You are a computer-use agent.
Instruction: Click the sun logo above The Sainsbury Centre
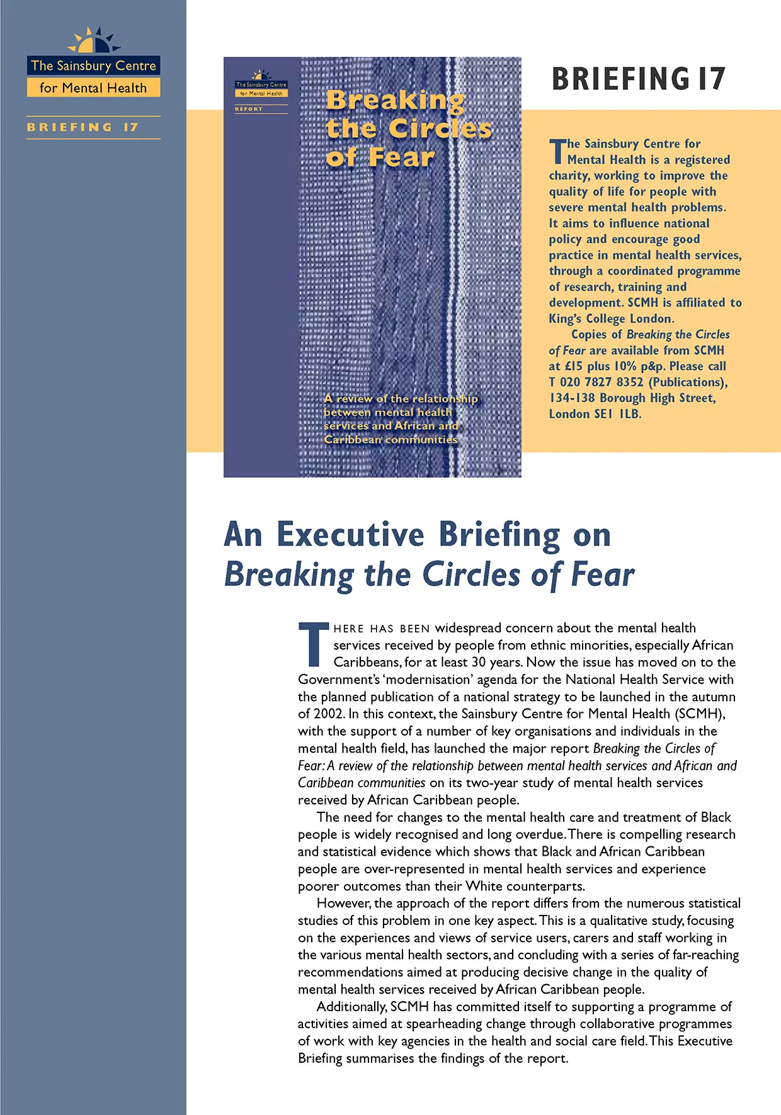click(x=94, y=41)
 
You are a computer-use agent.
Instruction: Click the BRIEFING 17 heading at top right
click(x=638, y=79)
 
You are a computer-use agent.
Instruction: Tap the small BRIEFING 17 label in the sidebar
click(x=83, y=127)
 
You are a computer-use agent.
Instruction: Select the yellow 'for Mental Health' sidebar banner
click(x=93, y=88)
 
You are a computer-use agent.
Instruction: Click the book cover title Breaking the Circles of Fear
click(x=408, y=128)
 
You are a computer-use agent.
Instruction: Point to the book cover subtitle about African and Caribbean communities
click(x=401, y=419)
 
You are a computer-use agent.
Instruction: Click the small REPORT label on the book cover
click(x=249, y=109)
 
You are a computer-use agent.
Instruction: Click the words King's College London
click(x=611, y=318)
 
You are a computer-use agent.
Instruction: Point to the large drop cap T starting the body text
click(x=313, y=644)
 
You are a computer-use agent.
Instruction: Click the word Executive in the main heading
click(x=350, y=535)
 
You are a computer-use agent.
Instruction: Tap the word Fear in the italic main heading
click(x=602, y=574)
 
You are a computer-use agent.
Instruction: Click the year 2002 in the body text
click(x=329, y=714)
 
